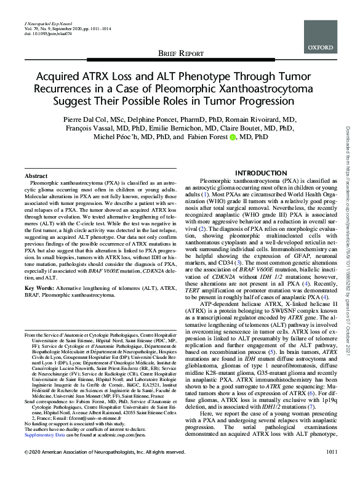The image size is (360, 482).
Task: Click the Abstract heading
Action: coord(36,159)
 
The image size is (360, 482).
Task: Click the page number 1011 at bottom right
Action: coord(332,470)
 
